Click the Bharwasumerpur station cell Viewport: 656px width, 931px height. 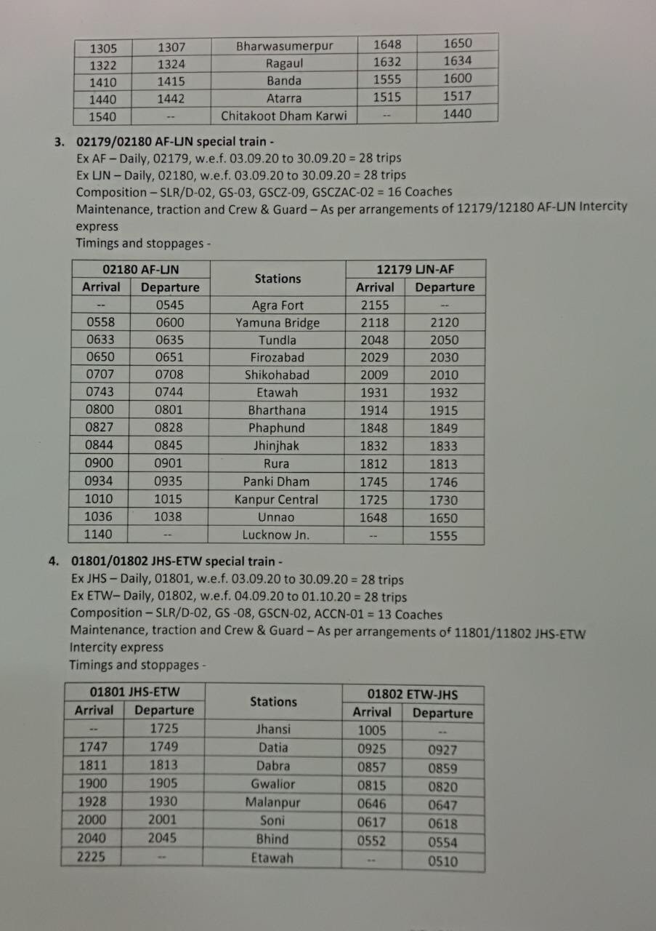click(284, 46)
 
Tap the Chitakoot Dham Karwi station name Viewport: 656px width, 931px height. click(284, 116)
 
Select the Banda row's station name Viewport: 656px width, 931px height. click(284, 81)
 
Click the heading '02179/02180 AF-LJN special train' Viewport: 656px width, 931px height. click(171, 141)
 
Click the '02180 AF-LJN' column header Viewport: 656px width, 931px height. click(141, 270)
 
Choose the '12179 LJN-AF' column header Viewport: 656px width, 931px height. click(415, 270)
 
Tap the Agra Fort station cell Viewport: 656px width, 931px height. click(278, 305)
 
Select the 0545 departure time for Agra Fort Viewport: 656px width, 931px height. click(169, 305)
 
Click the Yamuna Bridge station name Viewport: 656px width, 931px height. click(278, 323)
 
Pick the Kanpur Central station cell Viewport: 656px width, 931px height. click(276, 500)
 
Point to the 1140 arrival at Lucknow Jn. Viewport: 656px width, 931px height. click(100, 535)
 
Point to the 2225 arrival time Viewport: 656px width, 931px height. click(91, 857)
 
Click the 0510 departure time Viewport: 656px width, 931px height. click(443, 862)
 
